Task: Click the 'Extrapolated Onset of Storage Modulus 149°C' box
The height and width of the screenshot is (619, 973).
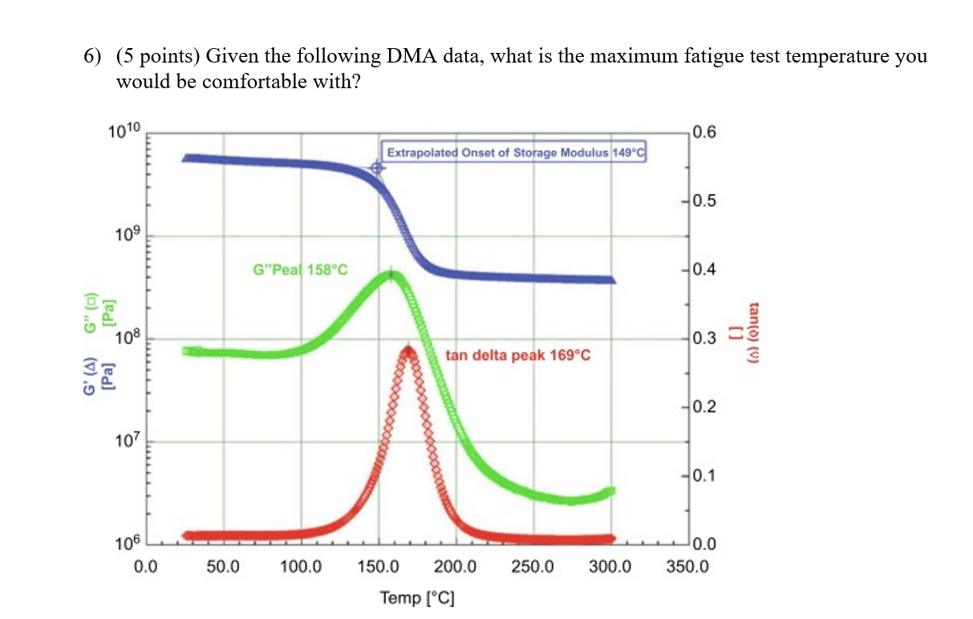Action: [514, 152]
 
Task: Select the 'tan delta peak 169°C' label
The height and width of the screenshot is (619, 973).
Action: [517, 355]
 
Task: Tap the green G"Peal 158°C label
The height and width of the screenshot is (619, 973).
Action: [300, 270]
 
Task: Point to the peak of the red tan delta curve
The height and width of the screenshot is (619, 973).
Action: [408, 350]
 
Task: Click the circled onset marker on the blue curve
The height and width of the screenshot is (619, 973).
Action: [377, 168]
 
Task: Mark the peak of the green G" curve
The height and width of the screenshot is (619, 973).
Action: [391, 276]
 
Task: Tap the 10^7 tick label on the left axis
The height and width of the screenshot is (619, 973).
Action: [125, 441]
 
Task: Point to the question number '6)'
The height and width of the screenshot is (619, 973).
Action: [94, 57]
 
